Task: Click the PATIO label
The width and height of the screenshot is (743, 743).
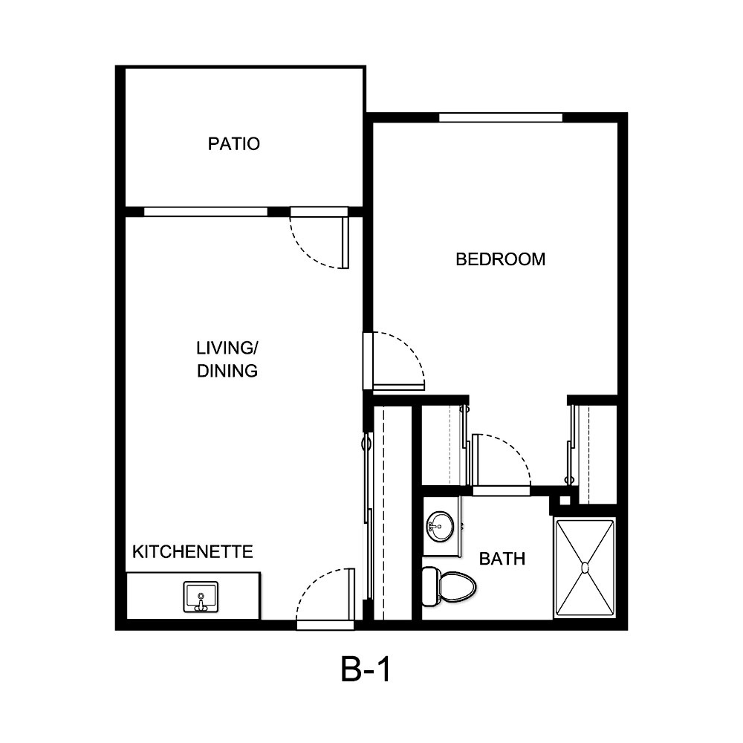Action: coord(233,143)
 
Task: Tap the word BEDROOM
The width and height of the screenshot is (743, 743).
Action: coord(500,259)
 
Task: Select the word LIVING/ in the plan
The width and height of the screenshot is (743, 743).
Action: coord(227,348)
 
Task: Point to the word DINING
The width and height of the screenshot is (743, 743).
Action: coord(227,371)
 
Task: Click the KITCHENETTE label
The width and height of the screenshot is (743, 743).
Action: coord(192,552)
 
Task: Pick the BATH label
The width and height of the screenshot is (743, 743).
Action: coord(502,559)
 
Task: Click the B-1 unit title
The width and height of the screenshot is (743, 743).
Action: coord(366,671)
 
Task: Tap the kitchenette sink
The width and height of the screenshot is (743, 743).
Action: coord(200,597)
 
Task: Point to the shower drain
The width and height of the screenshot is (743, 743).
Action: coord(585,568)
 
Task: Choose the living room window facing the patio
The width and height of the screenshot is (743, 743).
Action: coord(205,212)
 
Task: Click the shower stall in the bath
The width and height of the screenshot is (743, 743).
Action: coord(585,568)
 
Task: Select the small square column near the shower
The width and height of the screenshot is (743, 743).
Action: coord(565,500)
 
